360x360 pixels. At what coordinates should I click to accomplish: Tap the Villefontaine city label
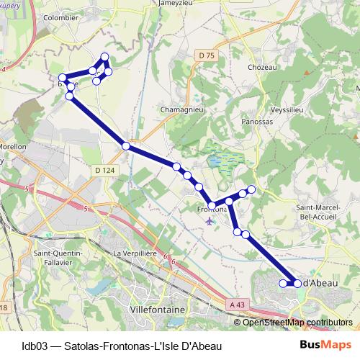pyautogui.click(x=156, y=309)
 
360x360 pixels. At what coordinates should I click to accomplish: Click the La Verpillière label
pyautogui.click(x=136, y=254)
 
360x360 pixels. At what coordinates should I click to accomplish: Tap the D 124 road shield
pyautogui.click(x=104, y=170)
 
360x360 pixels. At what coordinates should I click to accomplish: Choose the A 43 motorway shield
pyautogui.click(x=236, y=306)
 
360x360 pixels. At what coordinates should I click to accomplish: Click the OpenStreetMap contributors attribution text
pyautogui.click(x=297, y=322)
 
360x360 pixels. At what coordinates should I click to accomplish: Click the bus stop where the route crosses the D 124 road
pyautogui.click(x=126, y=146)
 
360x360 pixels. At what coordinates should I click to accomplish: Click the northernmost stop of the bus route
pyautogui.click(x=105, y=57)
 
